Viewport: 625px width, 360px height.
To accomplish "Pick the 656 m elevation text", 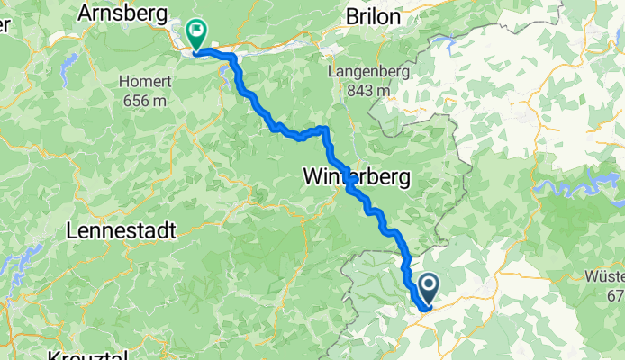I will [x=141, y=100].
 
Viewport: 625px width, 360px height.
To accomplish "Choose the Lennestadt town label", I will [x=120, y=231].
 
